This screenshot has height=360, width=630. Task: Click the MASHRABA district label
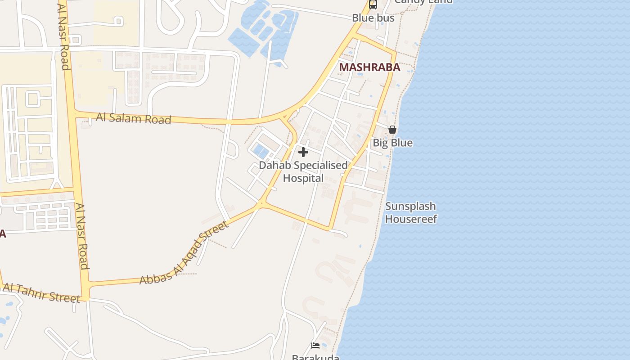click(369, 67)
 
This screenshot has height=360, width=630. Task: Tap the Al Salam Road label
click(134, 119)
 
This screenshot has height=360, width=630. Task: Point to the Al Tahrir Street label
click(41, 293)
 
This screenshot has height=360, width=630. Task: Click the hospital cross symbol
click(303, 152)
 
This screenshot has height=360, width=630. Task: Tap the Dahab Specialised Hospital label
click(303, 171)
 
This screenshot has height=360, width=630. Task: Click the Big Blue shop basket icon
click(392, 130)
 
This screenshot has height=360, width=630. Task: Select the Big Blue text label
click(392, 143)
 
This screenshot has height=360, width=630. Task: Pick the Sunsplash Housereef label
click(410, 213)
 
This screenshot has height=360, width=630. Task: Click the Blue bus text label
click(373, 18)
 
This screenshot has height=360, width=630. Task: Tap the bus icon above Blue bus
click(373, 5)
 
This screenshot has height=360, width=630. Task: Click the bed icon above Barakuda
click(315, 346)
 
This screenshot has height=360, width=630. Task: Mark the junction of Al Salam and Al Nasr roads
click(74, 113)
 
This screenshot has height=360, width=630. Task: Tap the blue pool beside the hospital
click(260, 151)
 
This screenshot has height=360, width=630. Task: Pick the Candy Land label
click(423, 1)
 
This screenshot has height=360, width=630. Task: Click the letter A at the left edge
click(3, 234)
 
